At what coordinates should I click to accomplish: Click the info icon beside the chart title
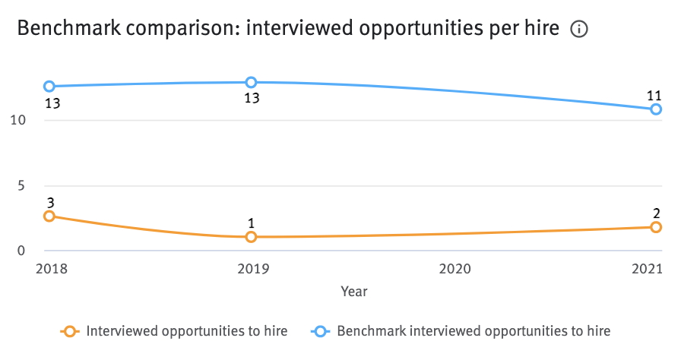tap(579, 30)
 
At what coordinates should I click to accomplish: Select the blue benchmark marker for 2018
tap(49, 87)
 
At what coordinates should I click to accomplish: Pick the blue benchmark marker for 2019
tap(251, 82)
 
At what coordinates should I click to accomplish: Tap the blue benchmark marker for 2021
tap(656, 109)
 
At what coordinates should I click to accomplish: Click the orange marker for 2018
tap(49, 216)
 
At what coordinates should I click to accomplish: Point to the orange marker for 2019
tap(251, 237)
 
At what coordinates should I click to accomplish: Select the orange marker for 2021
tap(656, 227)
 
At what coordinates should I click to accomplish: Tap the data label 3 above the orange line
tap(50, 202)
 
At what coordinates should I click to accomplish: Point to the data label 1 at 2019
tap(251, 223)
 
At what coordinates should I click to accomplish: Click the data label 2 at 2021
tap(656, 213)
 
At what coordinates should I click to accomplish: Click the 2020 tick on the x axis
tap(455, 269)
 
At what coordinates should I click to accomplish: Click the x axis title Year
tap(354, 291)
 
